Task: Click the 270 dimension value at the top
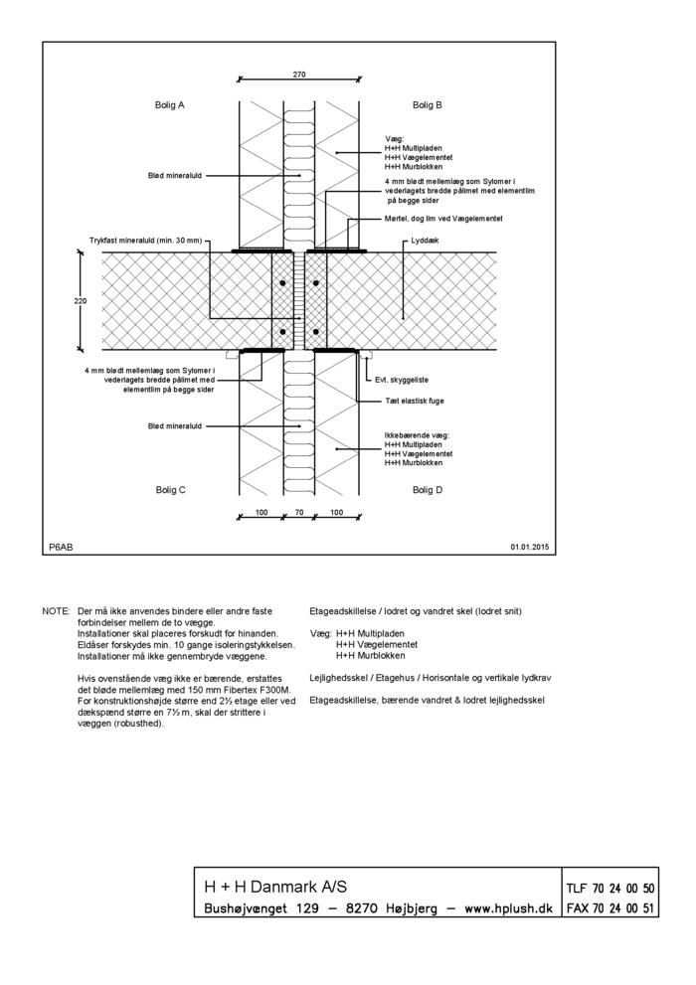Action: tap(299, 75)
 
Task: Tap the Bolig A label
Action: tap(170, 104)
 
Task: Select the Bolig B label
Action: tap(428, 104)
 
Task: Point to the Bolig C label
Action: tap(170, 490)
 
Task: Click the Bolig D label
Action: tap(428, 490)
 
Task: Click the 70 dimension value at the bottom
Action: tap(299, 513)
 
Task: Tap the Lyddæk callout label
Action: tap(424, 241)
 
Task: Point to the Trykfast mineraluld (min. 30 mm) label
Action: tap(145, 241)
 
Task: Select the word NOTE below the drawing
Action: tap(55, 610)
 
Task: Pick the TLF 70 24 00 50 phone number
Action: tap(609, 889)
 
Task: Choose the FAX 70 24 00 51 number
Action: tap(609, 908)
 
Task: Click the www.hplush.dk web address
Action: tap(508, 908)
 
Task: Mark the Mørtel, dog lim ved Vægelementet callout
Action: tap(442, 218)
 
